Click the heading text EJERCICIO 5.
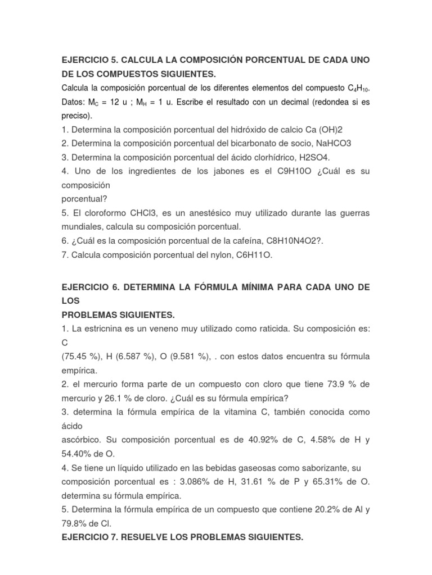pos(89,60)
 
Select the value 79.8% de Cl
pos(78,522)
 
